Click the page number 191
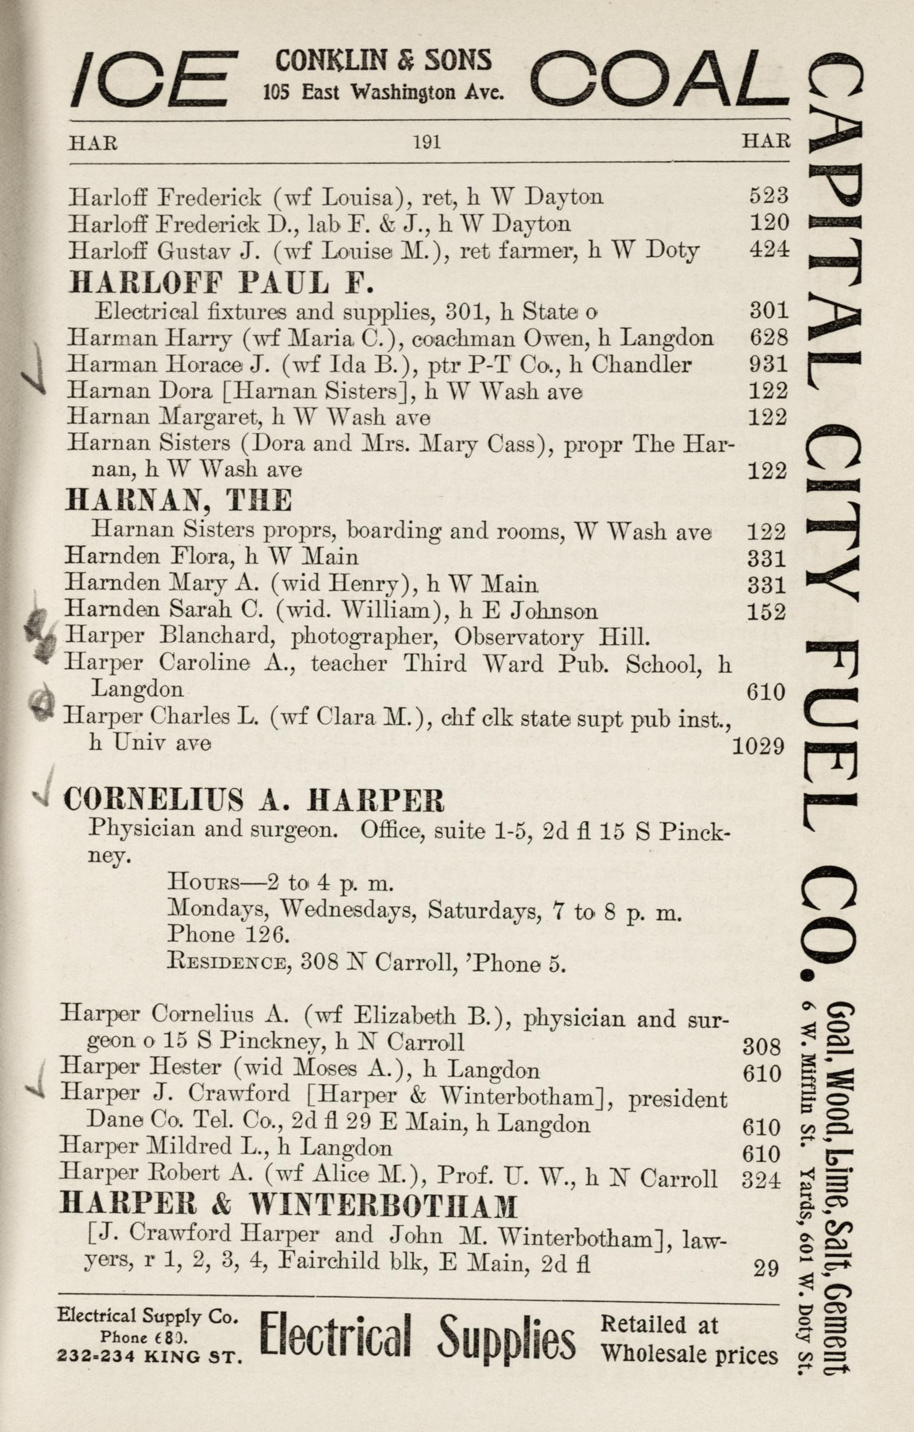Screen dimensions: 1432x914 [x=427, y=142]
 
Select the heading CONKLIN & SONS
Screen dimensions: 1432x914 [x=383, y=60]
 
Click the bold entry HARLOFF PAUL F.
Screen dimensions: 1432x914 [x=220, y=283]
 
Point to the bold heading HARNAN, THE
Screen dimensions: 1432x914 [x=178, y=501]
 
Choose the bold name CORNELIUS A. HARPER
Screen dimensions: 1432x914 [x=254, y=800]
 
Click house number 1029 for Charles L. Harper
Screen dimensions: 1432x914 [x=757, y=746]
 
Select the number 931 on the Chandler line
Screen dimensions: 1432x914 [x=768, y=364]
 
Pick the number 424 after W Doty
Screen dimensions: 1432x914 [x=769, y=250]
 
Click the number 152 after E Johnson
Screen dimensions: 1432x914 [x=766, y=611]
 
